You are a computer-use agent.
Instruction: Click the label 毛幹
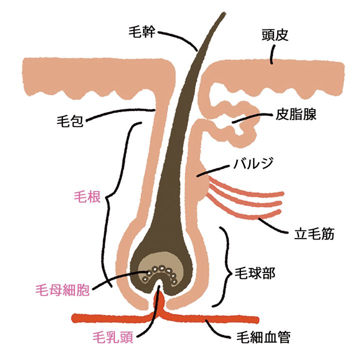141,31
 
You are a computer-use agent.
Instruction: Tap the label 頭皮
275,35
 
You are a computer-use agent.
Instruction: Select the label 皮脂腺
296,114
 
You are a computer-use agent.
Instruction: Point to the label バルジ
253,163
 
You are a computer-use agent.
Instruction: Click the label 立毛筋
314,233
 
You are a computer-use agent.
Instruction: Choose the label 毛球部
255,273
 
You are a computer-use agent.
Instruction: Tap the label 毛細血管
263,337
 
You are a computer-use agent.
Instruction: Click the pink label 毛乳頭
113,337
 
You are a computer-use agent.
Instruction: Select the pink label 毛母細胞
62,289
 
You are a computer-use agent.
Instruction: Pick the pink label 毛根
87,197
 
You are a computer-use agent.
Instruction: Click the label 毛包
70,121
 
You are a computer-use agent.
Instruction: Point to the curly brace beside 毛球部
224,267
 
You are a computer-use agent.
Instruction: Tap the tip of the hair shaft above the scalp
223,13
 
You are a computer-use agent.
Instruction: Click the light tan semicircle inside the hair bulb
160,263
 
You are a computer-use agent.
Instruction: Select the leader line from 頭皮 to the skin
273,54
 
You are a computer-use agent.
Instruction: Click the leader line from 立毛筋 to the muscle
273,226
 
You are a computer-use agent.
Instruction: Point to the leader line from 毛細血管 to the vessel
217,329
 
